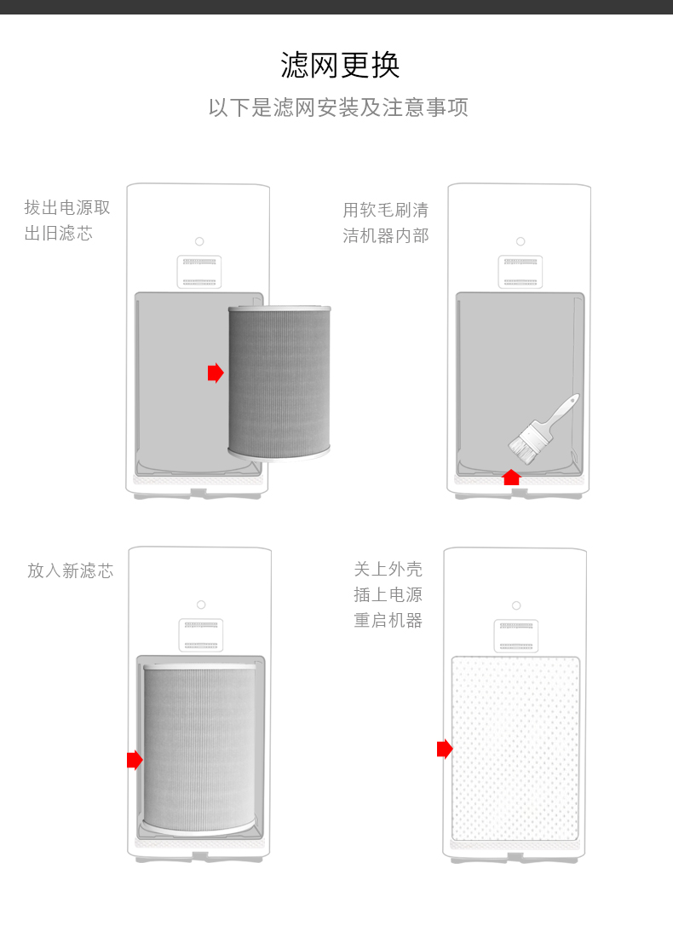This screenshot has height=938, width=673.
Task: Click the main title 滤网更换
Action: pos(340,66)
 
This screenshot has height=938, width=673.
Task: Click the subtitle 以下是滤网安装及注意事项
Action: pos(338,108)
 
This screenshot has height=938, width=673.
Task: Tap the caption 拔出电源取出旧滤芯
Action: pos(67,220)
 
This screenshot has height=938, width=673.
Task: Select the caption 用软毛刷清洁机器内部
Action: pos(386,223)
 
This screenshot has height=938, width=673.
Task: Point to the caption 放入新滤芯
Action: pos(71,571)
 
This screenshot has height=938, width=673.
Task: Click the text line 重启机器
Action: pos(388,621)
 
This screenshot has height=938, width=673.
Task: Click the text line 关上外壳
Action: pos(388,570)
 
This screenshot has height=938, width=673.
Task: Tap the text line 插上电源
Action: pos(388,595)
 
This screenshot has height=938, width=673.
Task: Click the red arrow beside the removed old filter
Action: pos(216,373)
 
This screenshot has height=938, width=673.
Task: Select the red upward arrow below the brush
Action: pos(511,477)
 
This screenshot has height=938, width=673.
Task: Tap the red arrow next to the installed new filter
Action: pos(135,760)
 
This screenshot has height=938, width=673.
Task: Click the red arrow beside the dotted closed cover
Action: pos(445,749)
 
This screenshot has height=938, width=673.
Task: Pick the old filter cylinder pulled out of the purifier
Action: pos(279,382)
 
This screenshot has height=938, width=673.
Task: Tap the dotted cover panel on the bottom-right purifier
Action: pos(515,749)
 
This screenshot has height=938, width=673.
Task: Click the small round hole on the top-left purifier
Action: pos(199,241)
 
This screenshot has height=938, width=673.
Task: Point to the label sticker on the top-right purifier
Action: pos(521,272)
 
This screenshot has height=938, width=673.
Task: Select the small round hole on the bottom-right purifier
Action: pos(516,605)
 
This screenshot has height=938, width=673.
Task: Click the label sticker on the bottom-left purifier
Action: pos(201,635)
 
